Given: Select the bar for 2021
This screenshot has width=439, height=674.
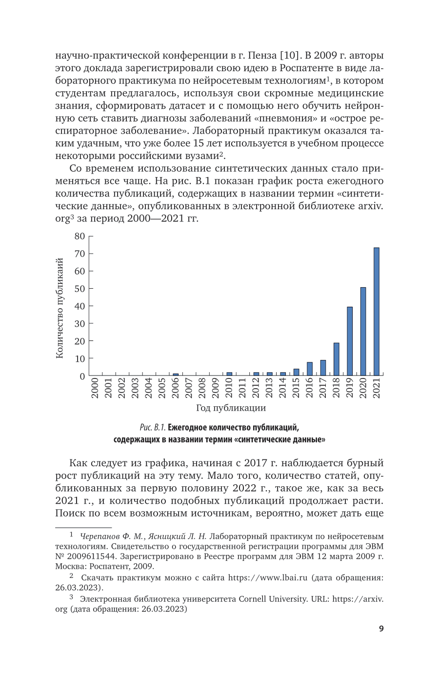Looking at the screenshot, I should click(x=376, y=312).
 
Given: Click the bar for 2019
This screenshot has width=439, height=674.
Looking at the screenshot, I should click(x=350, y=341).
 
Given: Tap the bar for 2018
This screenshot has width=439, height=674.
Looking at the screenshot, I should click(x=336, y=359).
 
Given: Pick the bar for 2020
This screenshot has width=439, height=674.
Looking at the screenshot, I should click(x=363, y=331).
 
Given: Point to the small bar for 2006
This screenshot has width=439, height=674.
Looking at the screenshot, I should click(x=176, y=375).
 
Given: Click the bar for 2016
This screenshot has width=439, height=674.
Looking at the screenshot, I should click(x=309, y=369).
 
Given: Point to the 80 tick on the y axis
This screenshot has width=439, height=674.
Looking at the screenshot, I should click(x=80, y=236).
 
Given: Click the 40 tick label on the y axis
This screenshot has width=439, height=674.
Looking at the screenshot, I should click(x=80, y=306).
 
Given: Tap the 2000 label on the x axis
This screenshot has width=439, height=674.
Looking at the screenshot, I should click(x=95, y=388).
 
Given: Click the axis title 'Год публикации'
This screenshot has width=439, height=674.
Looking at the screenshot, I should click(x=231, y=408).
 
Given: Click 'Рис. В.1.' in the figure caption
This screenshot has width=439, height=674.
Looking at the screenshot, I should click(x=153, y=428).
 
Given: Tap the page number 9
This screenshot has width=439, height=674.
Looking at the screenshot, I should click(x=381, y=629).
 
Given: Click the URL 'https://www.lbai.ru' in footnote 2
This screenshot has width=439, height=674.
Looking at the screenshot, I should click(x=268, y=578).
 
